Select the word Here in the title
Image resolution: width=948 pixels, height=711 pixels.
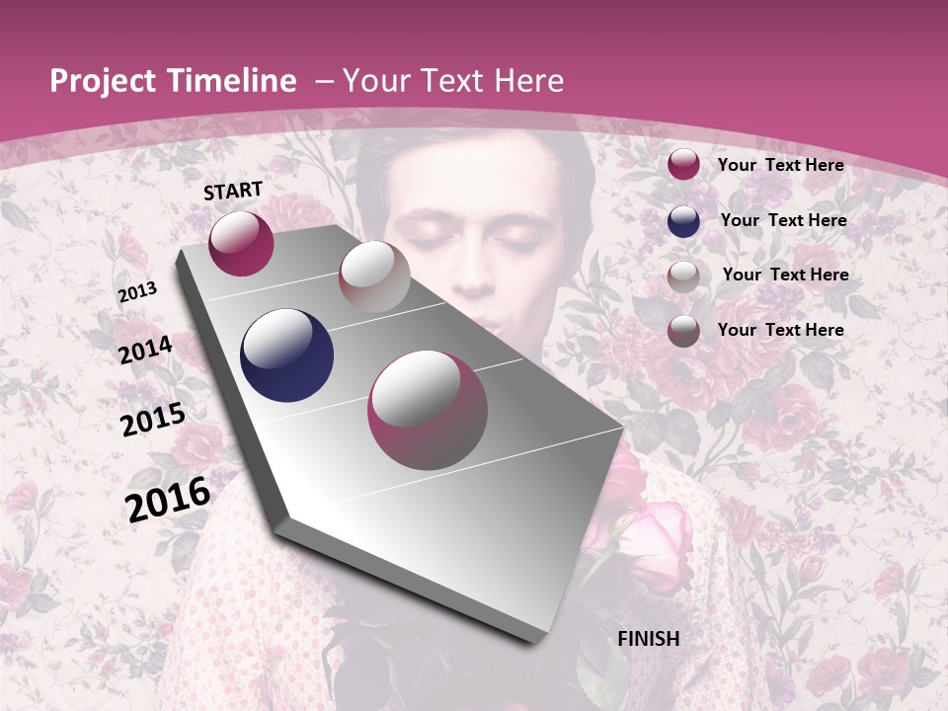click(528, 81)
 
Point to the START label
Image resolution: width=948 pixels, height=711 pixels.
click(233, 191)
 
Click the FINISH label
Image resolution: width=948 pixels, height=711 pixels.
click(648, 639)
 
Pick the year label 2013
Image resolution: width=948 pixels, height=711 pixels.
click(137, 292)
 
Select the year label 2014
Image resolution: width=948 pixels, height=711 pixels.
click(145, 351)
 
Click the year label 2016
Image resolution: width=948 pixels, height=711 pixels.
click(168, 499)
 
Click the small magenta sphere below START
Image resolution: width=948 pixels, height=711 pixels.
click(241, 243)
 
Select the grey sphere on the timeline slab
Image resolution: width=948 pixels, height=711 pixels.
click(374, 276)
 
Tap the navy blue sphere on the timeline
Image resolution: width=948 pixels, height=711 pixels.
click(287, 355)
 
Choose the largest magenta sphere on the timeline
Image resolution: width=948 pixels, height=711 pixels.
click(428, 410)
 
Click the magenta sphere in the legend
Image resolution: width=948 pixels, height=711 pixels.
click(683, 165)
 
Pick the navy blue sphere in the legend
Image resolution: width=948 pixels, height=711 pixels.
click(683, 221)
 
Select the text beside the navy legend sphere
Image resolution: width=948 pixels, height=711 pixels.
click(783, 220)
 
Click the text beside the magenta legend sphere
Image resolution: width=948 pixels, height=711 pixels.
click(780, 165)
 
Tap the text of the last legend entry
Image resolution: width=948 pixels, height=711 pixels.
click(780, 330)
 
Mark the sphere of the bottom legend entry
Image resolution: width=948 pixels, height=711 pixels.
click(683, 331)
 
